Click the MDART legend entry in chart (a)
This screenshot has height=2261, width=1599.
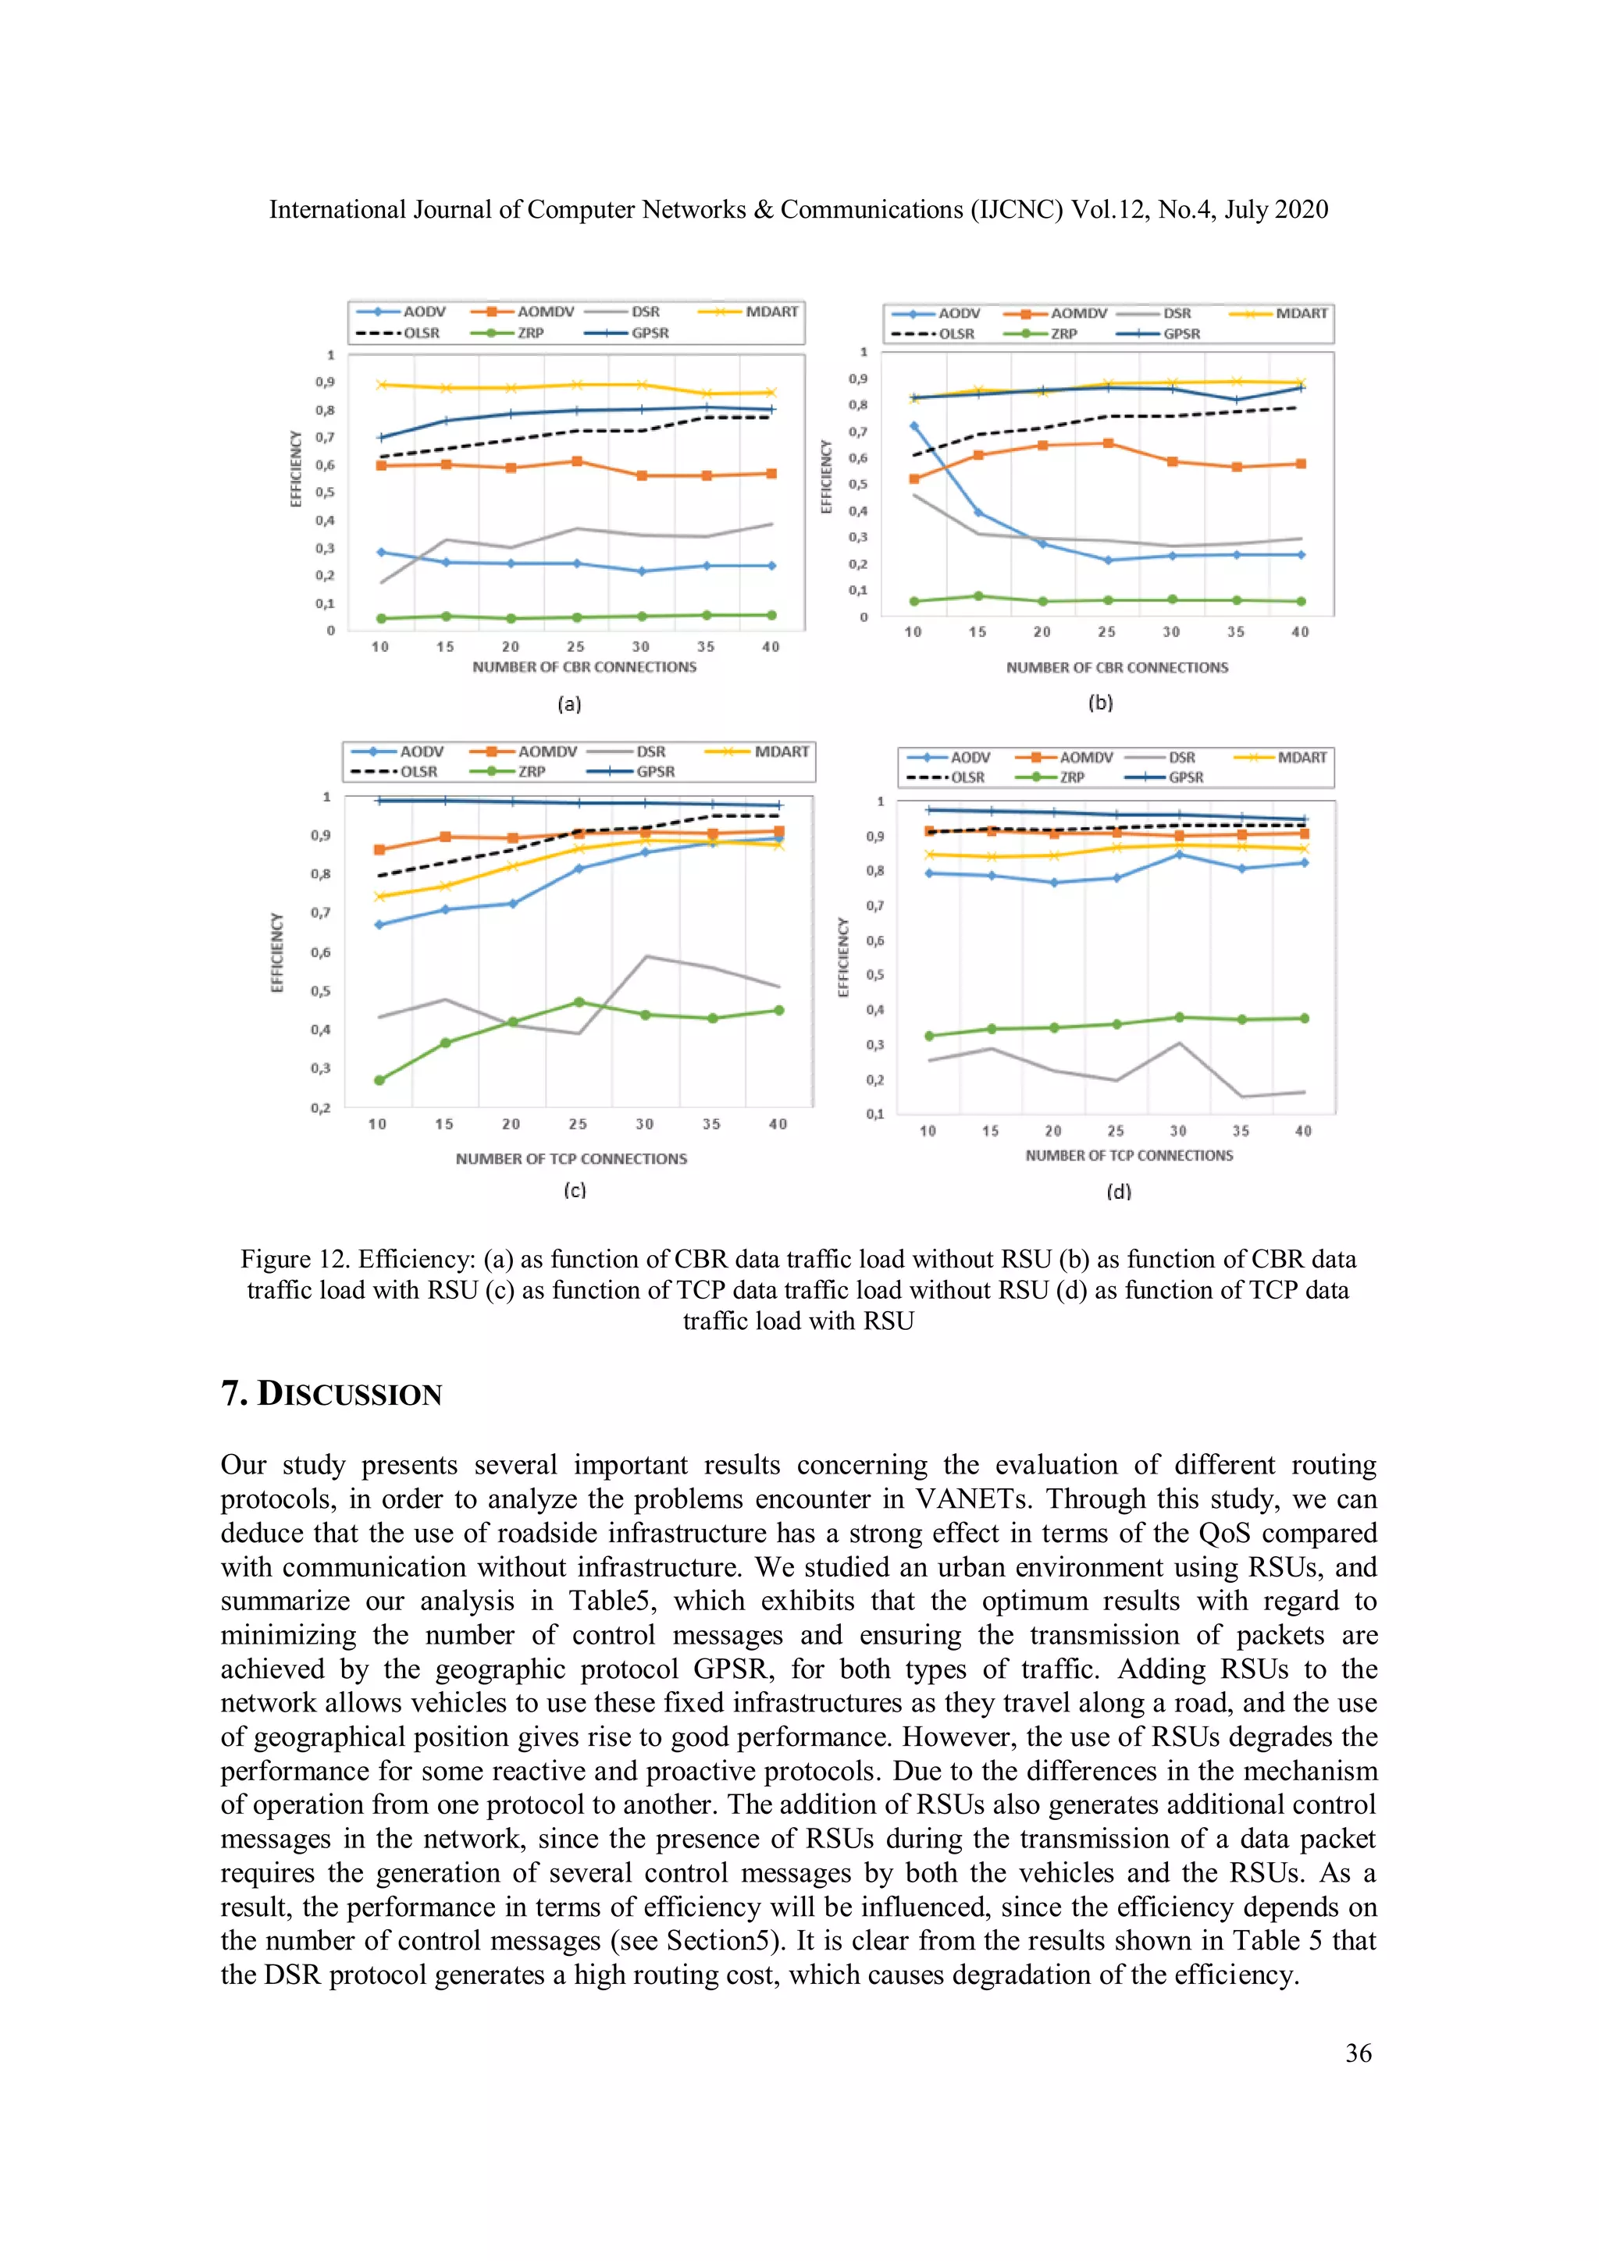[771, 311]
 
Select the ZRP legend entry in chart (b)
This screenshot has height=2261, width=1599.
[1062, 334]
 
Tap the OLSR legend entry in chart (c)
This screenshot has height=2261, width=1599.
[418, 772]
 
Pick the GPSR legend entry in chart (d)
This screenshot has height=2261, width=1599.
[1185, 778]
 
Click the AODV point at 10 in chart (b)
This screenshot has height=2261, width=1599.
[914, 426]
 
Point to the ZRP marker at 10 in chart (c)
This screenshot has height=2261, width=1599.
[379, 1080]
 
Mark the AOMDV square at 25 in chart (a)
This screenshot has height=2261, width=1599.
[577, 461]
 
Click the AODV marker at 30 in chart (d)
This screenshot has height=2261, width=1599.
[1179, 855]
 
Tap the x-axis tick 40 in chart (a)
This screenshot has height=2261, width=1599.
[771, 647]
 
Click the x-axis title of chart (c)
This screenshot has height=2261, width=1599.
[572, 1159]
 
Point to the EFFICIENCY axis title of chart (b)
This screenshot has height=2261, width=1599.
[827, 477]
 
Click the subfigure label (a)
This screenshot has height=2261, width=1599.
[569, 704]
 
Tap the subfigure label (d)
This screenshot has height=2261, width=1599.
[1119, 1192]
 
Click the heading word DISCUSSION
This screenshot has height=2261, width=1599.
[349, 1395]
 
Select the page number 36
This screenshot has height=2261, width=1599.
[1358, 2053]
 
